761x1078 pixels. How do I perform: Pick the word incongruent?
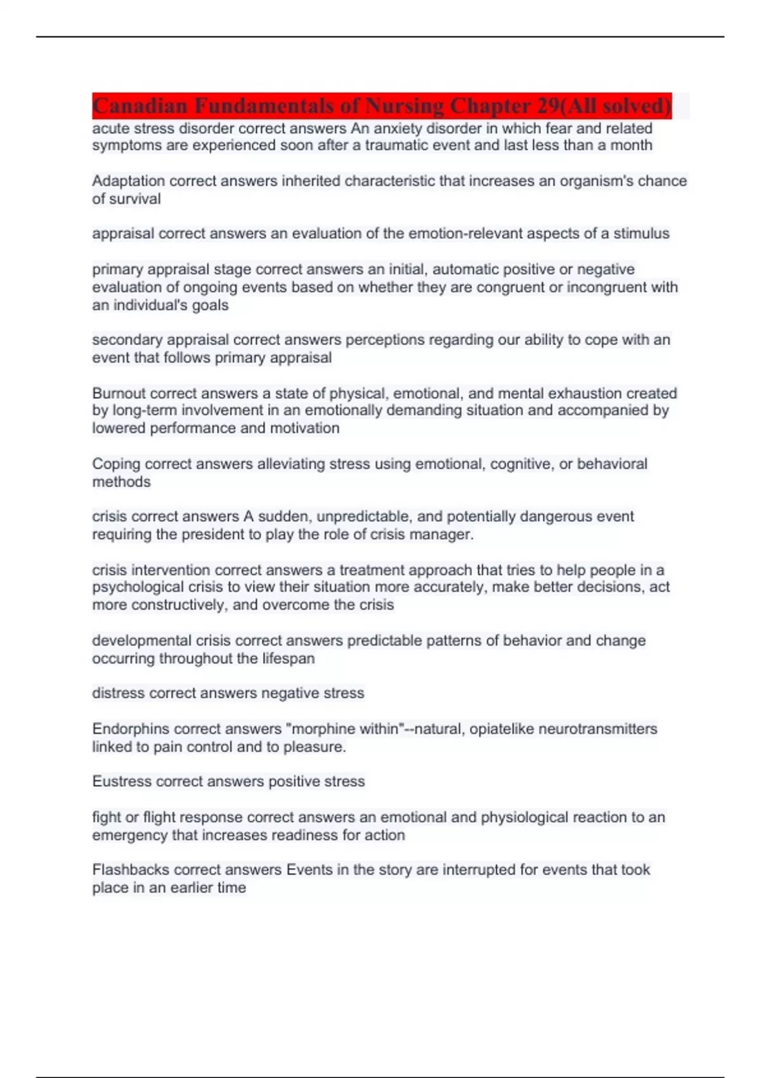click(x=603, y=287)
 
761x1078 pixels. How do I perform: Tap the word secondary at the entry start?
click(x=127, y=340)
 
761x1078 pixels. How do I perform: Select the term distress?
click(x=118, y=693)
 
